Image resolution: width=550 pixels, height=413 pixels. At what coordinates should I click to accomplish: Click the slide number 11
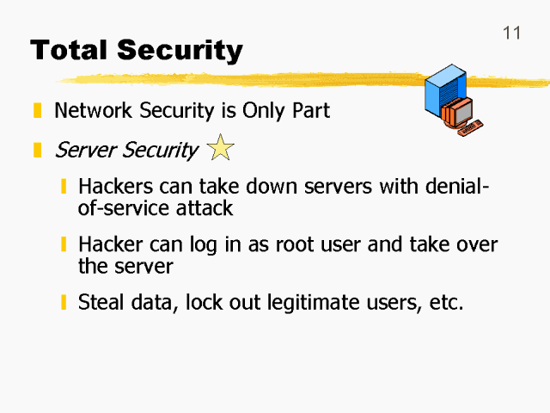click(511, 33)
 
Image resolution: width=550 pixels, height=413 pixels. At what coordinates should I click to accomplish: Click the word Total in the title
click(68, 50)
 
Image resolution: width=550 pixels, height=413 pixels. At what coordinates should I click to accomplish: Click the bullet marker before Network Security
click(37, 111)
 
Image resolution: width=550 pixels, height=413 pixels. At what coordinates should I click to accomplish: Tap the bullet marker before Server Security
click(37, 151)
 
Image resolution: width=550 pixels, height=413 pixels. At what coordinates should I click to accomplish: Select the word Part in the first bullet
click(310, 111)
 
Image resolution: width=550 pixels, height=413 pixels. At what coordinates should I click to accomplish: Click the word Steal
click(101, 303)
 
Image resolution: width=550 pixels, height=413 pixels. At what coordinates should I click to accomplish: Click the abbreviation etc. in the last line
click(445, 303)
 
